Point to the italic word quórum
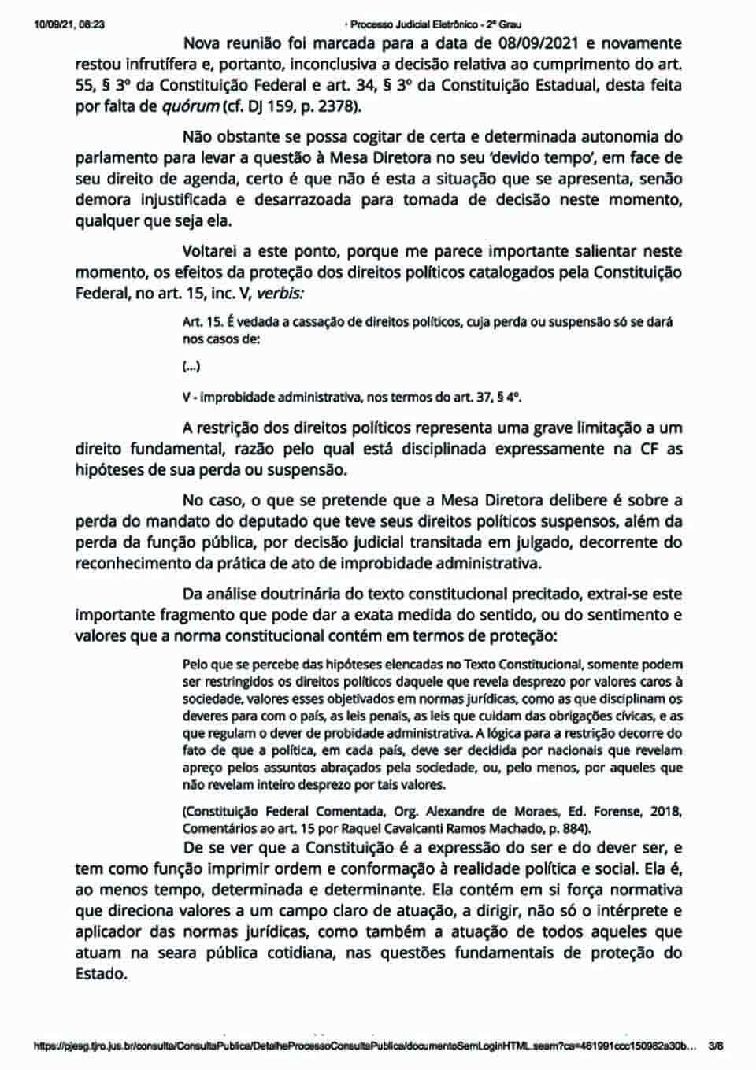[191, 106]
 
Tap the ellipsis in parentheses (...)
[191, 365]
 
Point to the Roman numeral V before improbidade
[186, 398]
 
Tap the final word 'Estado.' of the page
[101, 973]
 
